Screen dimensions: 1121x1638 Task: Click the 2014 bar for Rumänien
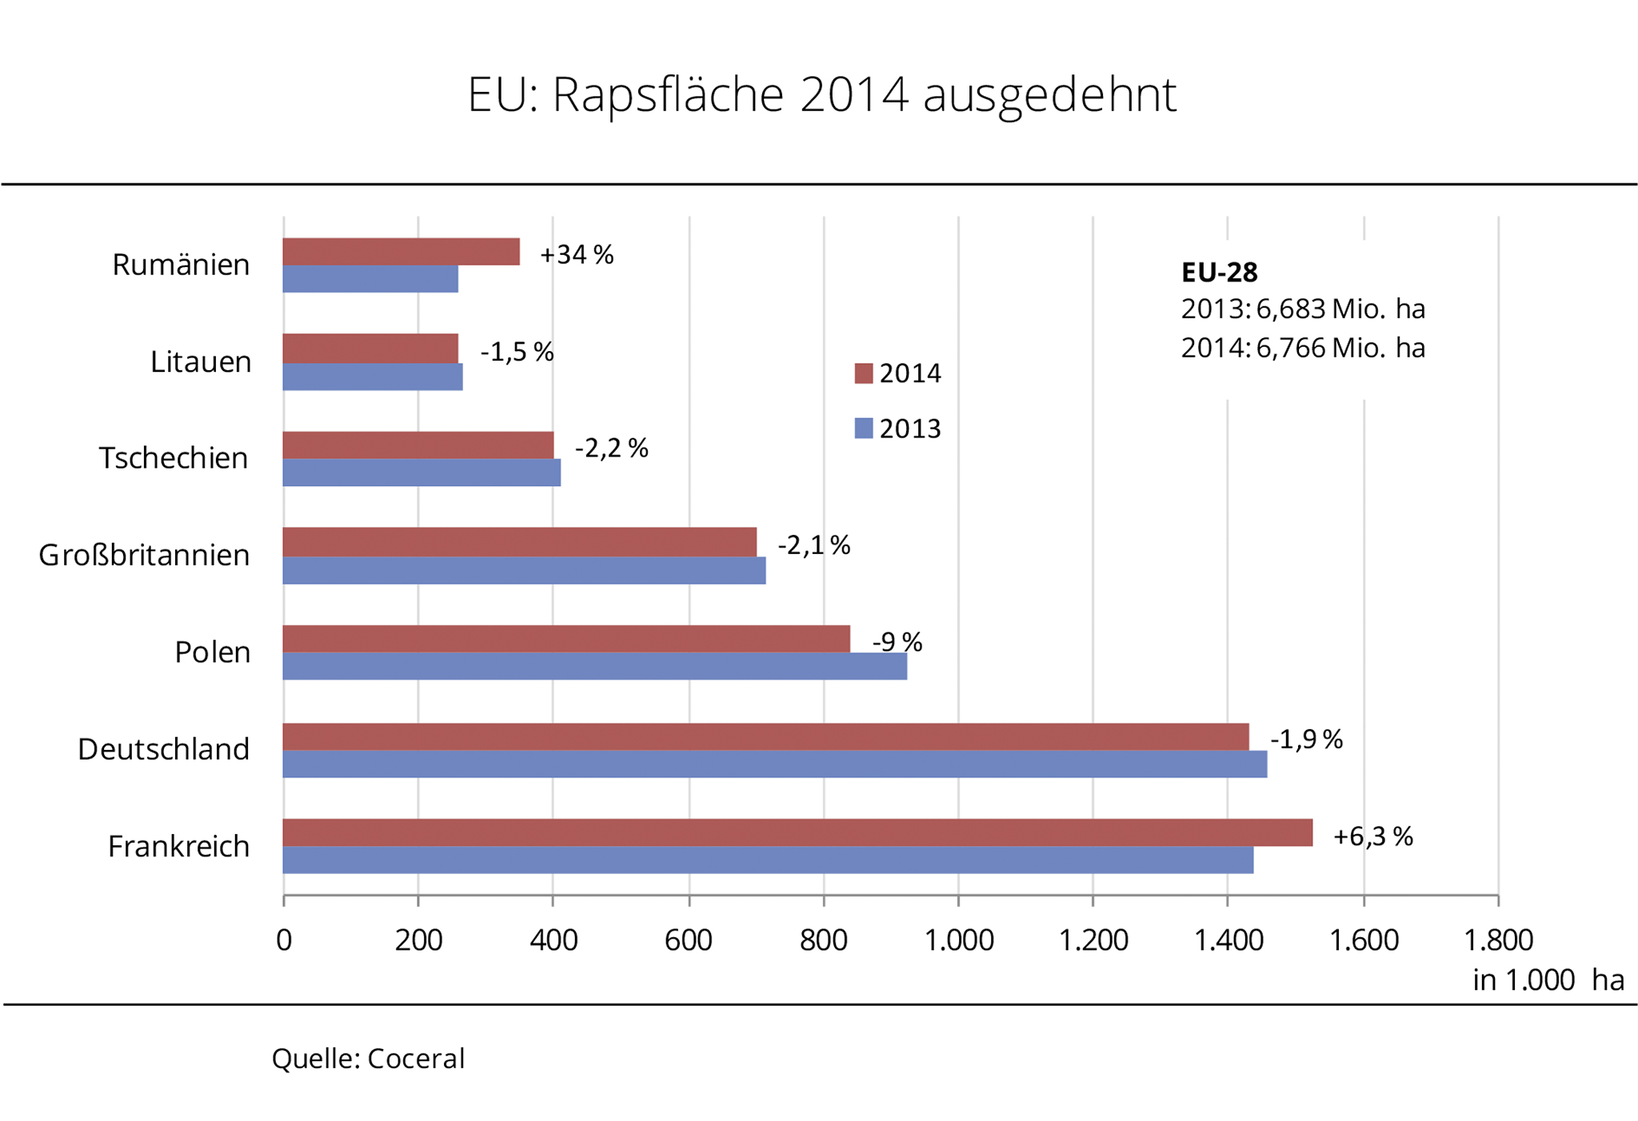click(x=401, y=251)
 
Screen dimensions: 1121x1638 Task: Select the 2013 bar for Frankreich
click(x=768, y=860)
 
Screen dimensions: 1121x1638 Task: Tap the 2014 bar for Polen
click(x=566, y=638)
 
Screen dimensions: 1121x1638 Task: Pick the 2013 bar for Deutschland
click(x=774, y=764)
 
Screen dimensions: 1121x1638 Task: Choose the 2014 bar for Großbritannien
click(x=519, y=541)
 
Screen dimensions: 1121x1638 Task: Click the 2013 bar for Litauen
click(x=372, y=377)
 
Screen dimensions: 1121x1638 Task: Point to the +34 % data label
click(x=577, y=255)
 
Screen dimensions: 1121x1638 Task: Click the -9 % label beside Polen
click(x=897, y=642)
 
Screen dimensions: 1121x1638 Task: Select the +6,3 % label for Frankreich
click(x=1372, y=836)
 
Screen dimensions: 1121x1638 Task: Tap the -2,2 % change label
click(x=611, y=449)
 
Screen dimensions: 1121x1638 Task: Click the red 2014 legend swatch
click(x=863, y=373)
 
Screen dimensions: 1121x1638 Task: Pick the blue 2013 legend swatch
click(x=863, y=429)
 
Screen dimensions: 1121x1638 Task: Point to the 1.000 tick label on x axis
click(x=958, y=940)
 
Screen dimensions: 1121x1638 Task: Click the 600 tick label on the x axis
click(x=688, y=940)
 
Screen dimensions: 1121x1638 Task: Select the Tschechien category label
click(x=174, y=458)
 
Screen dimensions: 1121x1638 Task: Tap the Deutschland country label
click(x=164, y=749)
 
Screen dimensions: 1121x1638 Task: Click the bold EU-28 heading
click(x=1219, y=273)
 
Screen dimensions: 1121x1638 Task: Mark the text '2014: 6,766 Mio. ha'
click(x=1303, y=348)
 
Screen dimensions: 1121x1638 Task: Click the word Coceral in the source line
click(x=416, y=1059)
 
